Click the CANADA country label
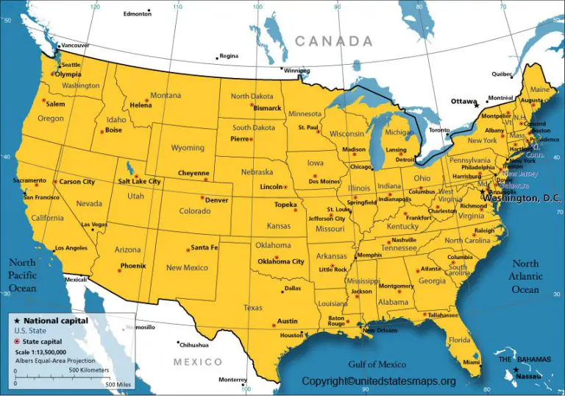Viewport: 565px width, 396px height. point(333,41)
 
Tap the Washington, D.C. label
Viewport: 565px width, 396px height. point(524,199)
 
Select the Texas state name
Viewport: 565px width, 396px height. point(252,308)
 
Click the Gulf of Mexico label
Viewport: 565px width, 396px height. point(377,364)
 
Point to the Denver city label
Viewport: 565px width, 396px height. point(216,200)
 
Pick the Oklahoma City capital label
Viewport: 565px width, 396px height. point(280,261)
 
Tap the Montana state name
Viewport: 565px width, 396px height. point(166,96)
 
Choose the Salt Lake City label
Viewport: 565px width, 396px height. point(139,181)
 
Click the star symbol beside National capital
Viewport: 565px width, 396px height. point(17,321)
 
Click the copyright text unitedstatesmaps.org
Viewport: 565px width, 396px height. point(379,381)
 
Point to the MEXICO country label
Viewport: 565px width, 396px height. point(197,362)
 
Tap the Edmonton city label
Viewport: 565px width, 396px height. point(136,13)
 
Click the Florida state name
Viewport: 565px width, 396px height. point(460,340)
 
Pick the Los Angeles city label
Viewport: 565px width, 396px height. point(71,247)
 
